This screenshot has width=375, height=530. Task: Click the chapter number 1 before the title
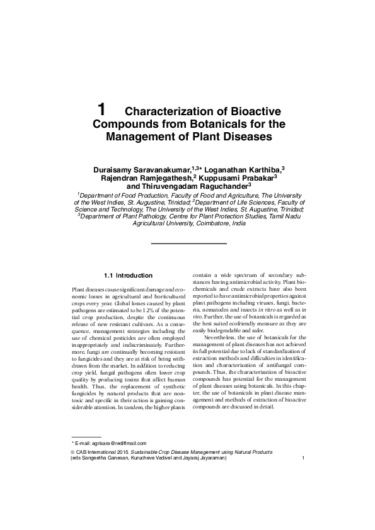click(x=102, y=109)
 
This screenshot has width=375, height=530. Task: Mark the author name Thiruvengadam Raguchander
click(x=196, y=186)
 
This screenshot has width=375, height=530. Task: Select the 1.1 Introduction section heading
click(x=127, y=275)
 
